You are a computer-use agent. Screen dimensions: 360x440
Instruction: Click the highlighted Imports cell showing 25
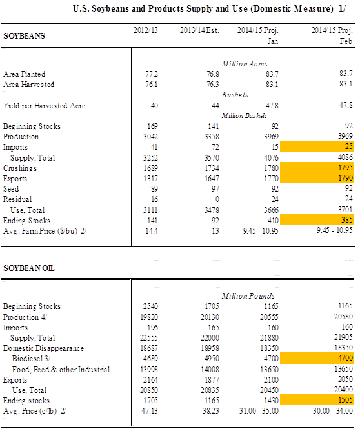click(x=317, y=146)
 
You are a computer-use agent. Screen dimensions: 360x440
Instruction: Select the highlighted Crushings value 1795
click(x=317, y=168)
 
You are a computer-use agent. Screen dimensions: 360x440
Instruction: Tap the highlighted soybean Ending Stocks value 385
click(x=317, y=220)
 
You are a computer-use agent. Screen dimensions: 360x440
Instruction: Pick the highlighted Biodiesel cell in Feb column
click(x=317, y=358)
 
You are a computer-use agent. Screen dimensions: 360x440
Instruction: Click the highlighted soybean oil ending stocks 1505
click(x=317, y=399)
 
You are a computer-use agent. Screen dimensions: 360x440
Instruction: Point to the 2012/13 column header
click(x=146, y=30)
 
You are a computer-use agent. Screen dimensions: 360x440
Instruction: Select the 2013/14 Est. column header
click(x=199, y=30)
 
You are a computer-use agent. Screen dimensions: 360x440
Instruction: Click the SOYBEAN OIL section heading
click(x=29, y=268)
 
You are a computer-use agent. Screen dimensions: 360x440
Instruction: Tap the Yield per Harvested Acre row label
click(x=44, y=106)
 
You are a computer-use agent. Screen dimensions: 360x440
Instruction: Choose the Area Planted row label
click(x=24, y=74)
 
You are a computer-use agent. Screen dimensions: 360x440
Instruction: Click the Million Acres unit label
click(x=245, y=64)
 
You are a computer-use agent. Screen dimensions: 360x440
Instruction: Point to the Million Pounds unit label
click(x=248, y=296)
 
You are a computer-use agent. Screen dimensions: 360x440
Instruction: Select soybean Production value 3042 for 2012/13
click(x=151, y=137)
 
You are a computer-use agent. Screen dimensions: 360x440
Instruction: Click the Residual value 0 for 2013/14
click(x=217, y=199)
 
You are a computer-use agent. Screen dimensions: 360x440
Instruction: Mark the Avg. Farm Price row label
click(x=45, y=231)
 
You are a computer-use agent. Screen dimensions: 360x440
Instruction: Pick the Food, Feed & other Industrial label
click(x=61, y=370)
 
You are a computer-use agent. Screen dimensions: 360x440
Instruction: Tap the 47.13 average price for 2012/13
click(x=149, y=411)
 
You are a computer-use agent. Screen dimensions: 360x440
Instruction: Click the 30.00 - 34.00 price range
click(x=333, y=411)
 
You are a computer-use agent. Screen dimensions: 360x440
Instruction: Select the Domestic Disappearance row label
click(x=43, y=348)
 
